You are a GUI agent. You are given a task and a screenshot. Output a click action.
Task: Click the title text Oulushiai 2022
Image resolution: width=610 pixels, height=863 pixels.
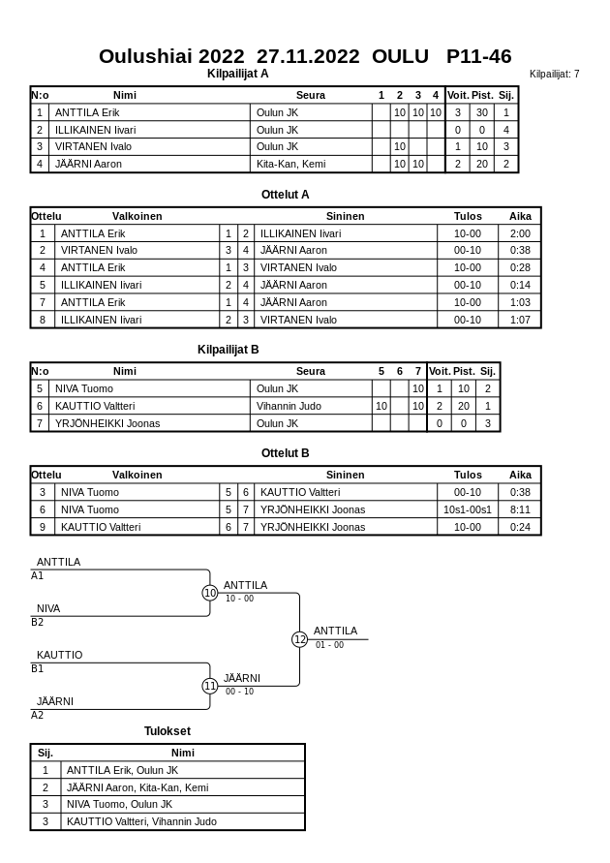[171, 56]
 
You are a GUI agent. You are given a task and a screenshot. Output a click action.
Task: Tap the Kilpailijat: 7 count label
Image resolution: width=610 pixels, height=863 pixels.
[554, 74]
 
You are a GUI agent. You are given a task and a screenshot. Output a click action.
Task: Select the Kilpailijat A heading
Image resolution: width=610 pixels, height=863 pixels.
[237, 74]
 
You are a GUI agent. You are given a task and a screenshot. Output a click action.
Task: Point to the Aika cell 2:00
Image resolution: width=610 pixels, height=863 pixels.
[520, 233]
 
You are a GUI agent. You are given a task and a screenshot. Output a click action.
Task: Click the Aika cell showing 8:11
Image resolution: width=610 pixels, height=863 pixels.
[520, 509]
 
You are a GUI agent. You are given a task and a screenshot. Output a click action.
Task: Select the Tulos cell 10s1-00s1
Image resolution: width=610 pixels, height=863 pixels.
[467, 509]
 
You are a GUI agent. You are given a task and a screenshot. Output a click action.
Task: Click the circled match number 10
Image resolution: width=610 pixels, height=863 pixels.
[210, 593]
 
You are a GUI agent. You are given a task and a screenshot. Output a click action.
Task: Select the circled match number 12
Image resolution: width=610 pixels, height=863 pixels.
[300, 639]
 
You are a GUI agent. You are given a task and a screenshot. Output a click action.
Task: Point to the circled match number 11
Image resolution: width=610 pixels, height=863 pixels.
[210, 686]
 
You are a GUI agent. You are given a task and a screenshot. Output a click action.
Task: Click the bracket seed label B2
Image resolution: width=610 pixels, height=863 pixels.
[38, 622]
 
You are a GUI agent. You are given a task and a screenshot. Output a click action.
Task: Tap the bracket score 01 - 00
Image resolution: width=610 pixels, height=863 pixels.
[329, 645]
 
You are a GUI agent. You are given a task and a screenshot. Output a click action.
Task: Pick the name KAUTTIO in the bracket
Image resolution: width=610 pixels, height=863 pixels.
[59, 655]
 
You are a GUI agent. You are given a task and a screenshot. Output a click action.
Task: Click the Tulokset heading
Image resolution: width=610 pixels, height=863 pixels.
[168, 731]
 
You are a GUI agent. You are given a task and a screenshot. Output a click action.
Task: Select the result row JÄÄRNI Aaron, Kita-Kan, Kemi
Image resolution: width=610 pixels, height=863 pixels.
[137, 787]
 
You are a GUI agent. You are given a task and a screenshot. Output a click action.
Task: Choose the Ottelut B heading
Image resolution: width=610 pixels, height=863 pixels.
[286, 452]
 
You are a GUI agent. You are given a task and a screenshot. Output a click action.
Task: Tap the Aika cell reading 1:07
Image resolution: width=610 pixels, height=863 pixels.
[520, 320]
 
